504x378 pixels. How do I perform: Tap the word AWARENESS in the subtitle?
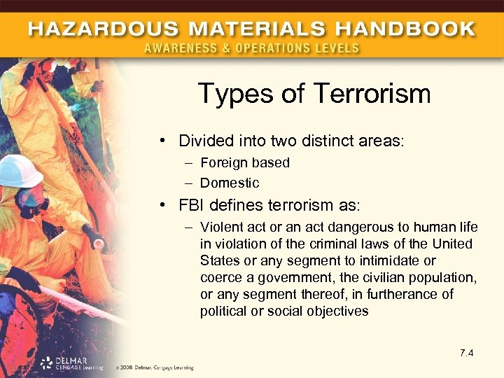point(181,48)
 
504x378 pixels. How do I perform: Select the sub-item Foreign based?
point(244,162)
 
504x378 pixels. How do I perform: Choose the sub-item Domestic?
point(230,183)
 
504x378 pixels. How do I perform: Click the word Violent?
point(220,227)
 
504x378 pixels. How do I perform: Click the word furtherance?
point(409,295)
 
